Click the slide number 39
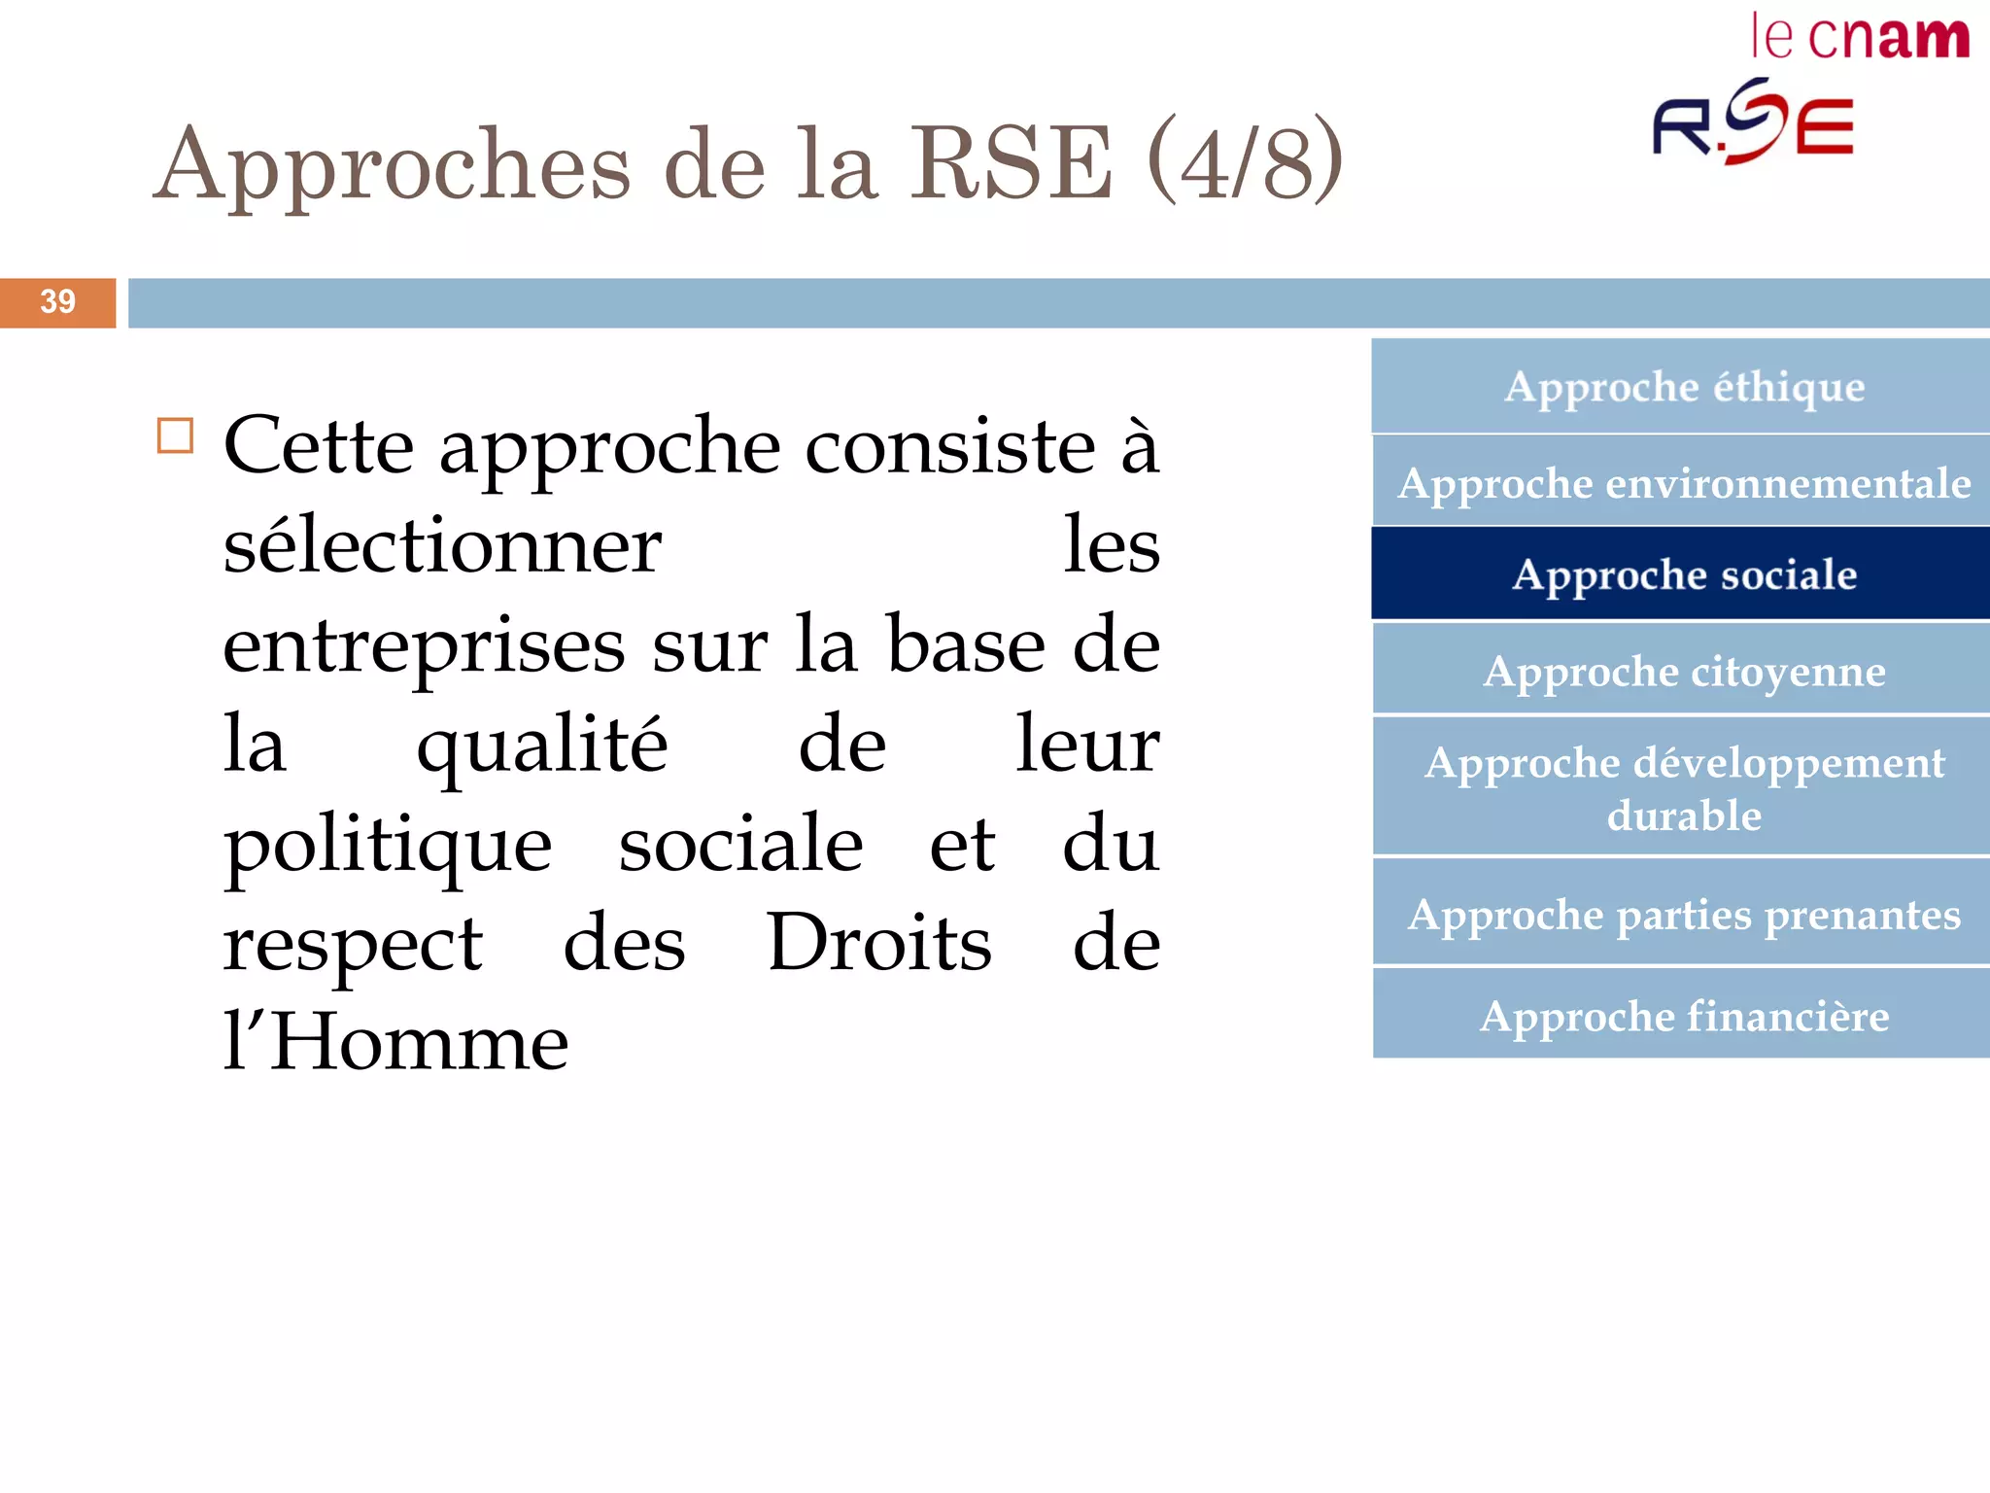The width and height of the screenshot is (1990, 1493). tap(57, 302)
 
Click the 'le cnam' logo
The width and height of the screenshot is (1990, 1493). tap(1860, 38)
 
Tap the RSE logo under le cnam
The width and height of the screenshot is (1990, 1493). tap(1754, 122)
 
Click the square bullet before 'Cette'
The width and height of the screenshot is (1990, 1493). tap(175, 436)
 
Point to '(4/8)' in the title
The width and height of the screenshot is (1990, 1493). tap(1245, 161)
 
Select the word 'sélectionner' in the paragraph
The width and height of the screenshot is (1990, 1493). tap(442, 546)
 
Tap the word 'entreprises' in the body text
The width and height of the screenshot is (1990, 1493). tap(424, 645)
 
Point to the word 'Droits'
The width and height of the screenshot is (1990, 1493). tap(878, 942)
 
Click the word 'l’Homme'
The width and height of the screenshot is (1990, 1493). tap(395, 1042)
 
